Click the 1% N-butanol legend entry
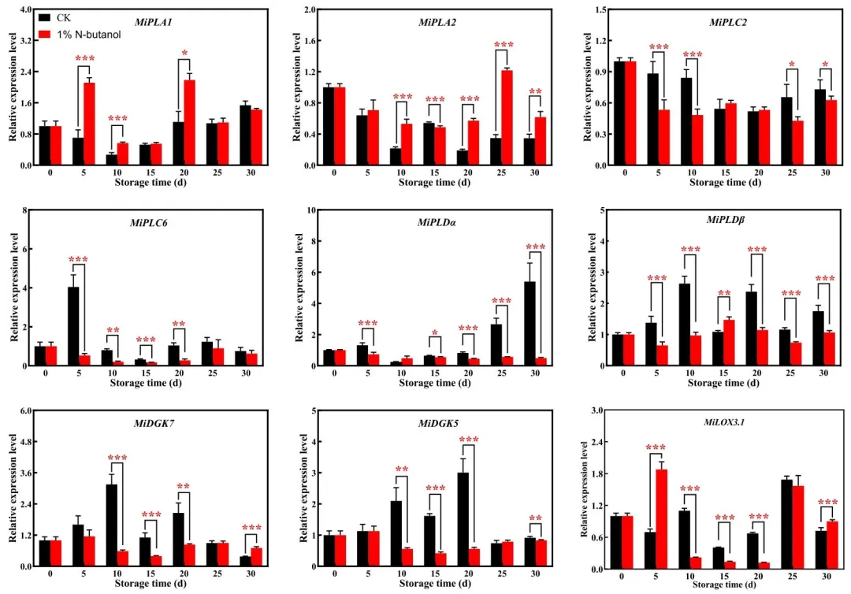pyautogui.click(x=79, y=35)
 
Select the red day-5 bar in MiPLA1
pyautogui.click(x=90, y=124)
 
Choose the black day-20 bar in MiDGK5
pyautogui.click(x=463, y=519)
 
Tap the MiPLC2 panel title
pyautogui.click(x=728, y=22)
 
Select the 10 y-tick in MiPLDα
pyautogui.click(x=310, y=210)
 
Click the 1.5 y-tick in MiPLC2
pyautogui.click(x=603, y=9)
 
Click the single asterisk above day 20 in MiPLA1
pyautogui.click(x=184, y=54)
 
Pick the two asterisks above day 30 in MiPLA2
pyautogui.click(x=535, y=92)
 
